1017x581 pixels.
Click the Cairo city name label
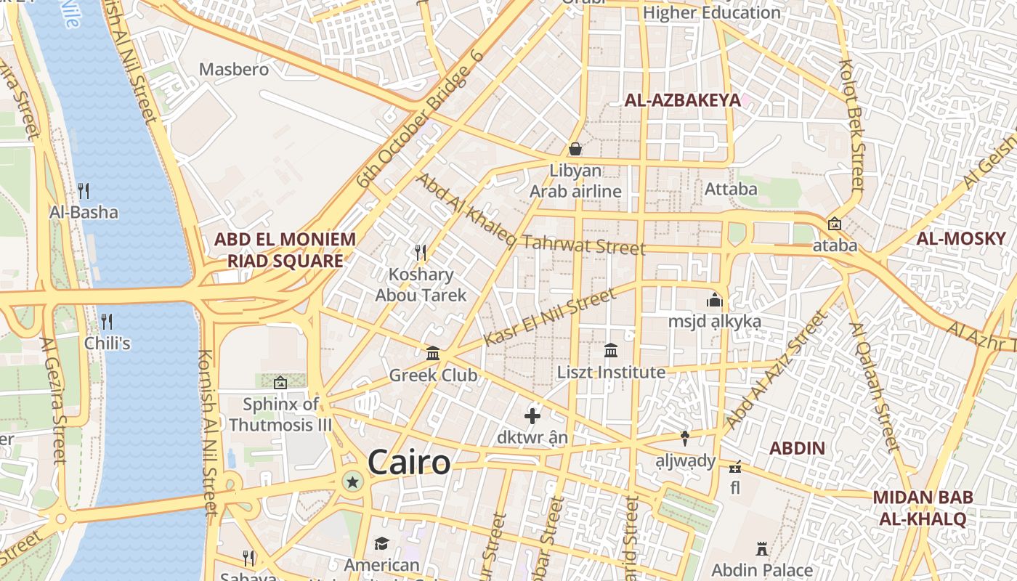[409, 462]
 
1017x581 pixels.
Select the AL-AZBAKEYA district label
[682, 101]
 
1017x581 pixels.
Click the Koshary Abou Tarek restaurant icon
[421, 253]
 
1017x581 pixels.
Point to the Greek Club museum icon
[433, 354]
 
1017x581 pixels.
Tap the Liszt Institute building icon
[611, 351]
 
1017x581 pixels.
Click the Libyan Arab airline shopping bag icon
[575, 149]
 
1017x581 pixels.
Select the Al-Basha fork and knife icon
[84, 191]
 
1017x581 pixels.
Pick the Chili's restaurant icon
[107, 321]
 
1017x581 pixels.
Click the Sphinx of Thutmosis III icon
[280, 382]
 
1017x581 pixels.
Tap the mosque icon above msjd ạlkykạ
[714, 300]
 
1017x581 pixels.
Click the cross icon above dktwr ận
[532, 416]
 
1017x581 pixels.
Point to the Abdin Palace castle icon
[762, 548]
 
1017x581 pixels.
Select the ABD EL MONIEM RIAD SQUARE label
[285, 250]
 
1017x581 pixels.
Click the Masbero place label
[234, 70]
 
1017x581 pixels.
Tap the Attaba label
[731, 190]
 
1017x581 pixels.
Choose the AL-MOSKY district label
[960, 238]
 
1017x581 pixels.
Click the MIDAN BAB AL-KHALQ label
[923, 508]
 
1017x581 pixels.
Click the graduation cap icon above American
[381, 543]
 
